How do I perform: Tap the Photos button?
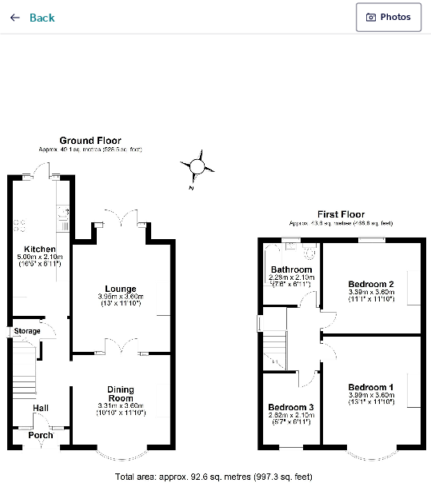[x=389, y=17]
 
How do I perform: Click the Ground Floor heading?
[x=90, y=141]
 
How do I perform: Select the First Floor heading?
[x=341, y=214]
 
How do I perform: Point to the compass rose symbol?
[x=198, y=167]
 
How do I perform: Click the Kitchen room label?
[x=40, y=249]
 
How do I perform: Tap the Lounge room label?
[x=121, y=289]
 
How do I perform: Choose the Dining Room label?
[x=121, y=393]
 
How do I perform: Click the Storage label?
[x=26, y=331]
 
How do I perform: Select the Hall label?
[x=41, y=408]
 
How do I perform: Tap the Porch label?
[x=41, y=435]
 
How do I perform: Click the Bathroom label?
[x=291, y=269]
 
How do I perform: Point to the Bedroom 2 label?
[x=372, y=284]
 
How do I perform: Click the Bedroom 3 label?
[x=291, y=407]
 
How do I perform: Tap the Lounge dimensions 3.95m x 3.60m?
[x=121, y=297]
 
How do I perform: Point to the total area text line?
[x=214, y=477]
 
